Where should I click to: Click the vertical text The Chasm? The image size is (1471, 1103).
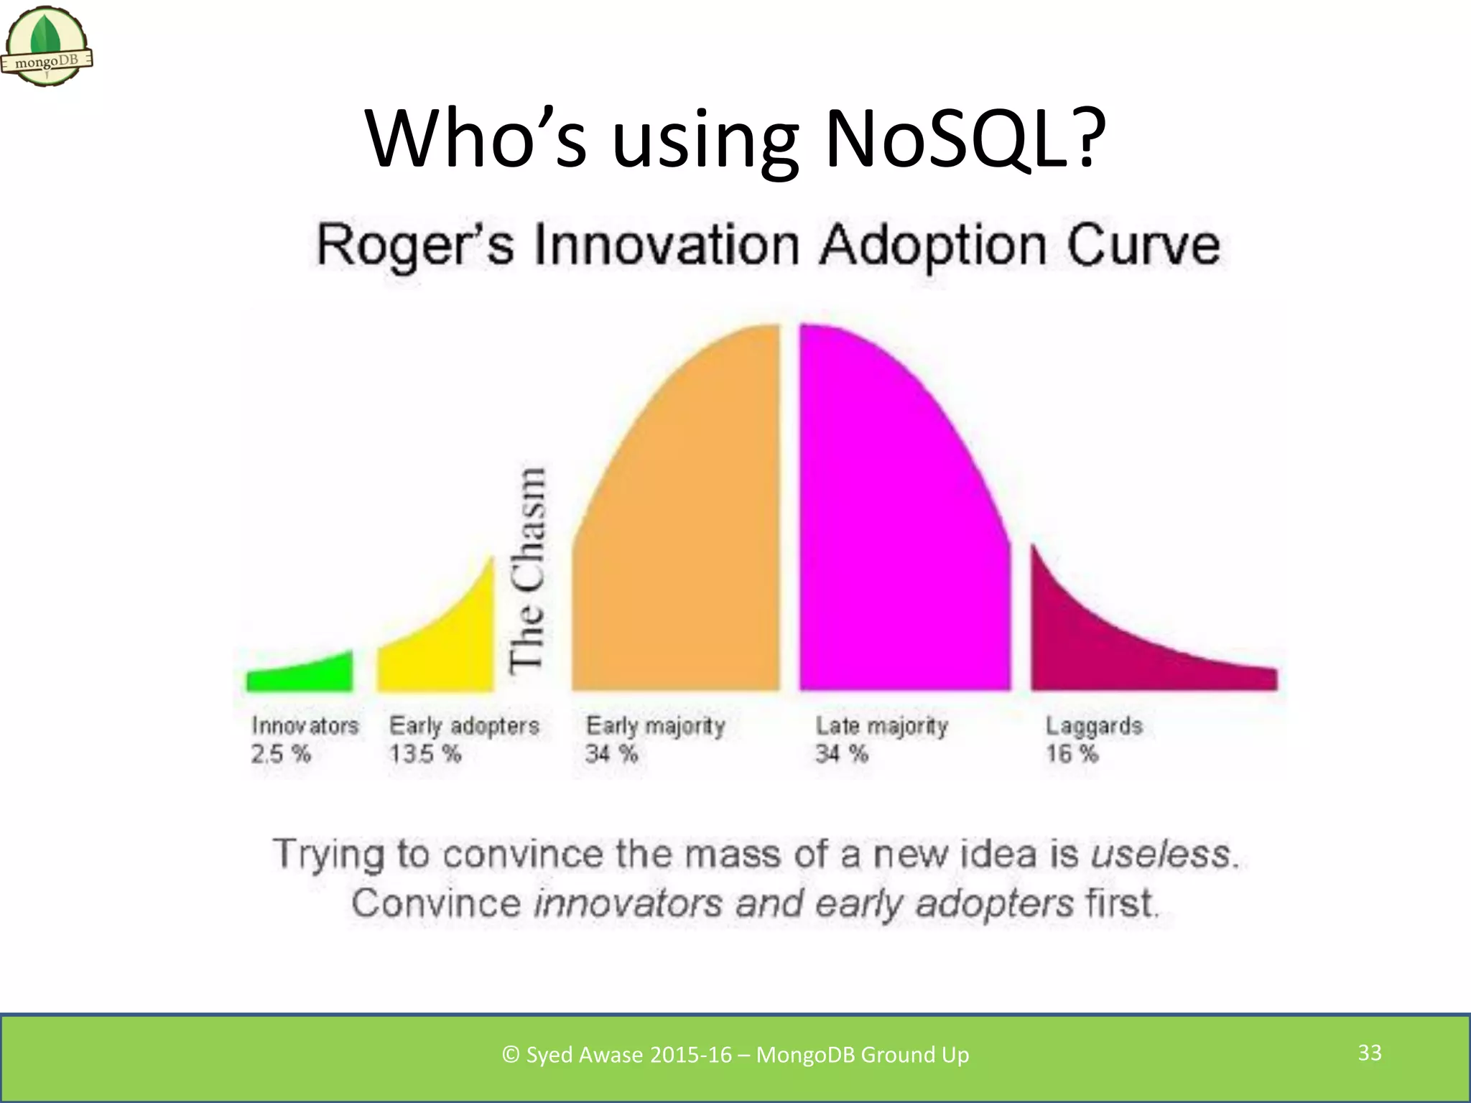coord(527,570)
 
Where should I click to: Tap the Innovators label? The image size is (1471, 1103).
coord(305,726)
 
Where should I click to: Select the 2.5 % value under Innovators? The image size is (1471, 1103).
coord(280,754)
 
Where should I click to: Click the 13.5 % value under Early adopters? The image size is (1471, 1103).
coord(424,754)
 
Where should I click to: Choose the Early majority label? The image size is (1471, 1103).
coord(655,726)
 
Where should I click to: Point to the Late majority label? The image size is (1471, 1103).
coord(881,726)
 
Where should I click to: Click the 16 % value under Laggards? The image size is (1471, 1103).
coord(1072,754)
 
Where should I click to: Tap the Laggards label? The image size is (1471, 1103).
coord(1093,726)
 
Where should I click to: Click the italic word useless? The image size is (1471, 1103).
coord(1161,855)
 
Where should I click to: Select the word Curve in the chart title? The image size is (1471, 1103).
coord(1143,246)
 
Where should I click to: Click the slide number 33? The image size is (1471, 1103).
coord(1370,1053)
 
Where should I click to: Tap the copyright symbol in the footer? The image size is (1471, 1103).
coord(511,1055)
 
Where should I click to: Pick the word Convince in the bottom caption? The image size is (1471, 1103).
coord(436,903)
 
